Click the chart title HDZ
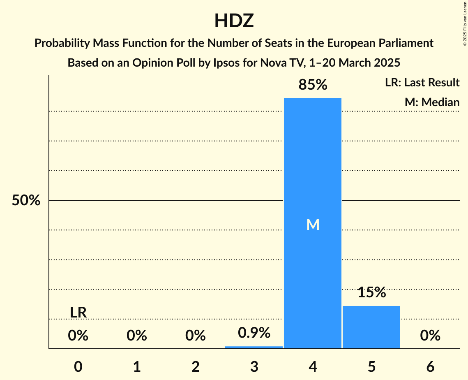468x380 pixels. (234, 21)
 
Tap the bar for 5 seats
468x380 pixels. (371, 327)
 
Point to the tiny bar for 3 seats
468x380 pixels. (254, 347)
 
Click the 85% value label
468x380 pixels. (313, 85)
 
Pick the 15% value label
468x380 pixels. (371, 292)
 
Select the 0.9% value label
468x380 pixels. (254, 333)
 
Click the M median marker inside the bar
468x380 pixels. (313, 225)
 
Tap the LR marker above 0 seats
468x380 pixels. (78, 313)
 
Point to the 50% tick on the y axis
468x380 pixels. (26, 201)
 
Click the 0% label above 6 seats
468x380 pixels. (430, 336)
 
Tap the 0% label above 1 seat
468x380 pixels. (137, 336)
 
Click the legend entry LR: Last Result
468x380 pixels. (422, 83)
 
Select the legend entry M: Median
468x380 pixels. (432, 102)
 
